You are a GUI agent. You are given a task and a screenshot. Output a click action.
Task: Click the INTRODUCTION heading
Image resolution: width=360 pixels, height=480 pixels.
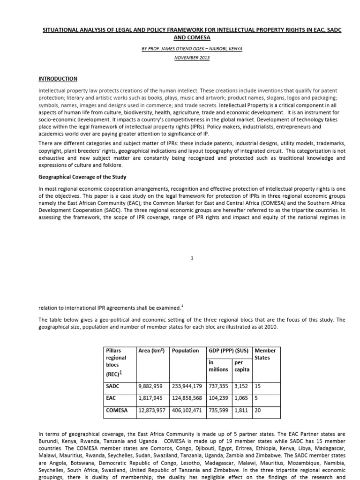[58, 79]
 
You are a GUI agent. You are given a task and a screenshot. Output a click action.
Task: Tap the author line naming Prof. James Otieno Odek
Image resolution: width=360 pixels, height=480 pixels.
[192, 49]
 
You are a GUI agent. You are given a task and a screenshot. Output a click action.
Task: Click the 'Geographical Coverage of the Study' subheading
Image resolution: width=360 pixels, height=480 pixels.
[82, 177]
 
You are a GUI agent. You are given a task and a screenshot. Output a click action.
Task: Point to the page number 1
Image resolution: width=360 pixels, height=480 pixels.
[192, 258]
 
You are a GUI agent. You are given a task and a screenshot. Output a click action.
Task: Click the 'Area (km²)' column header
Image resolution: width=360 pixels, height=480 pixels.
[151, 351]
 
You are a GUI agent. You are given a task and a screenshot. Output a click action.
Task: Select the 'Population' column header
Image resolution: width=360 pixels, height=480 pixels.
[186, 351]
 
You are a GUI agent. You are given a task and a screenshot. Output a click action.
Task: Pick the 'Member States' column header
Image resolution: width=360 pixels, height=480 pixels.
[265, 354]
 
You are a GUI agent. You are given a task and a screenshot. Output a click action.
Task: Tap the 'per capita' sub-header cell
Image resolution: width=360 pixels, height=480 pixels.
[242, 366]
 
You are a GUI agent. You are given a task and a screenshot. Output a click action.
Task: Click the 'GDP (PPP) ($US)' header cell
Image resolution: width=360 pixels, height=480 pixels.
[229, 351]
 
